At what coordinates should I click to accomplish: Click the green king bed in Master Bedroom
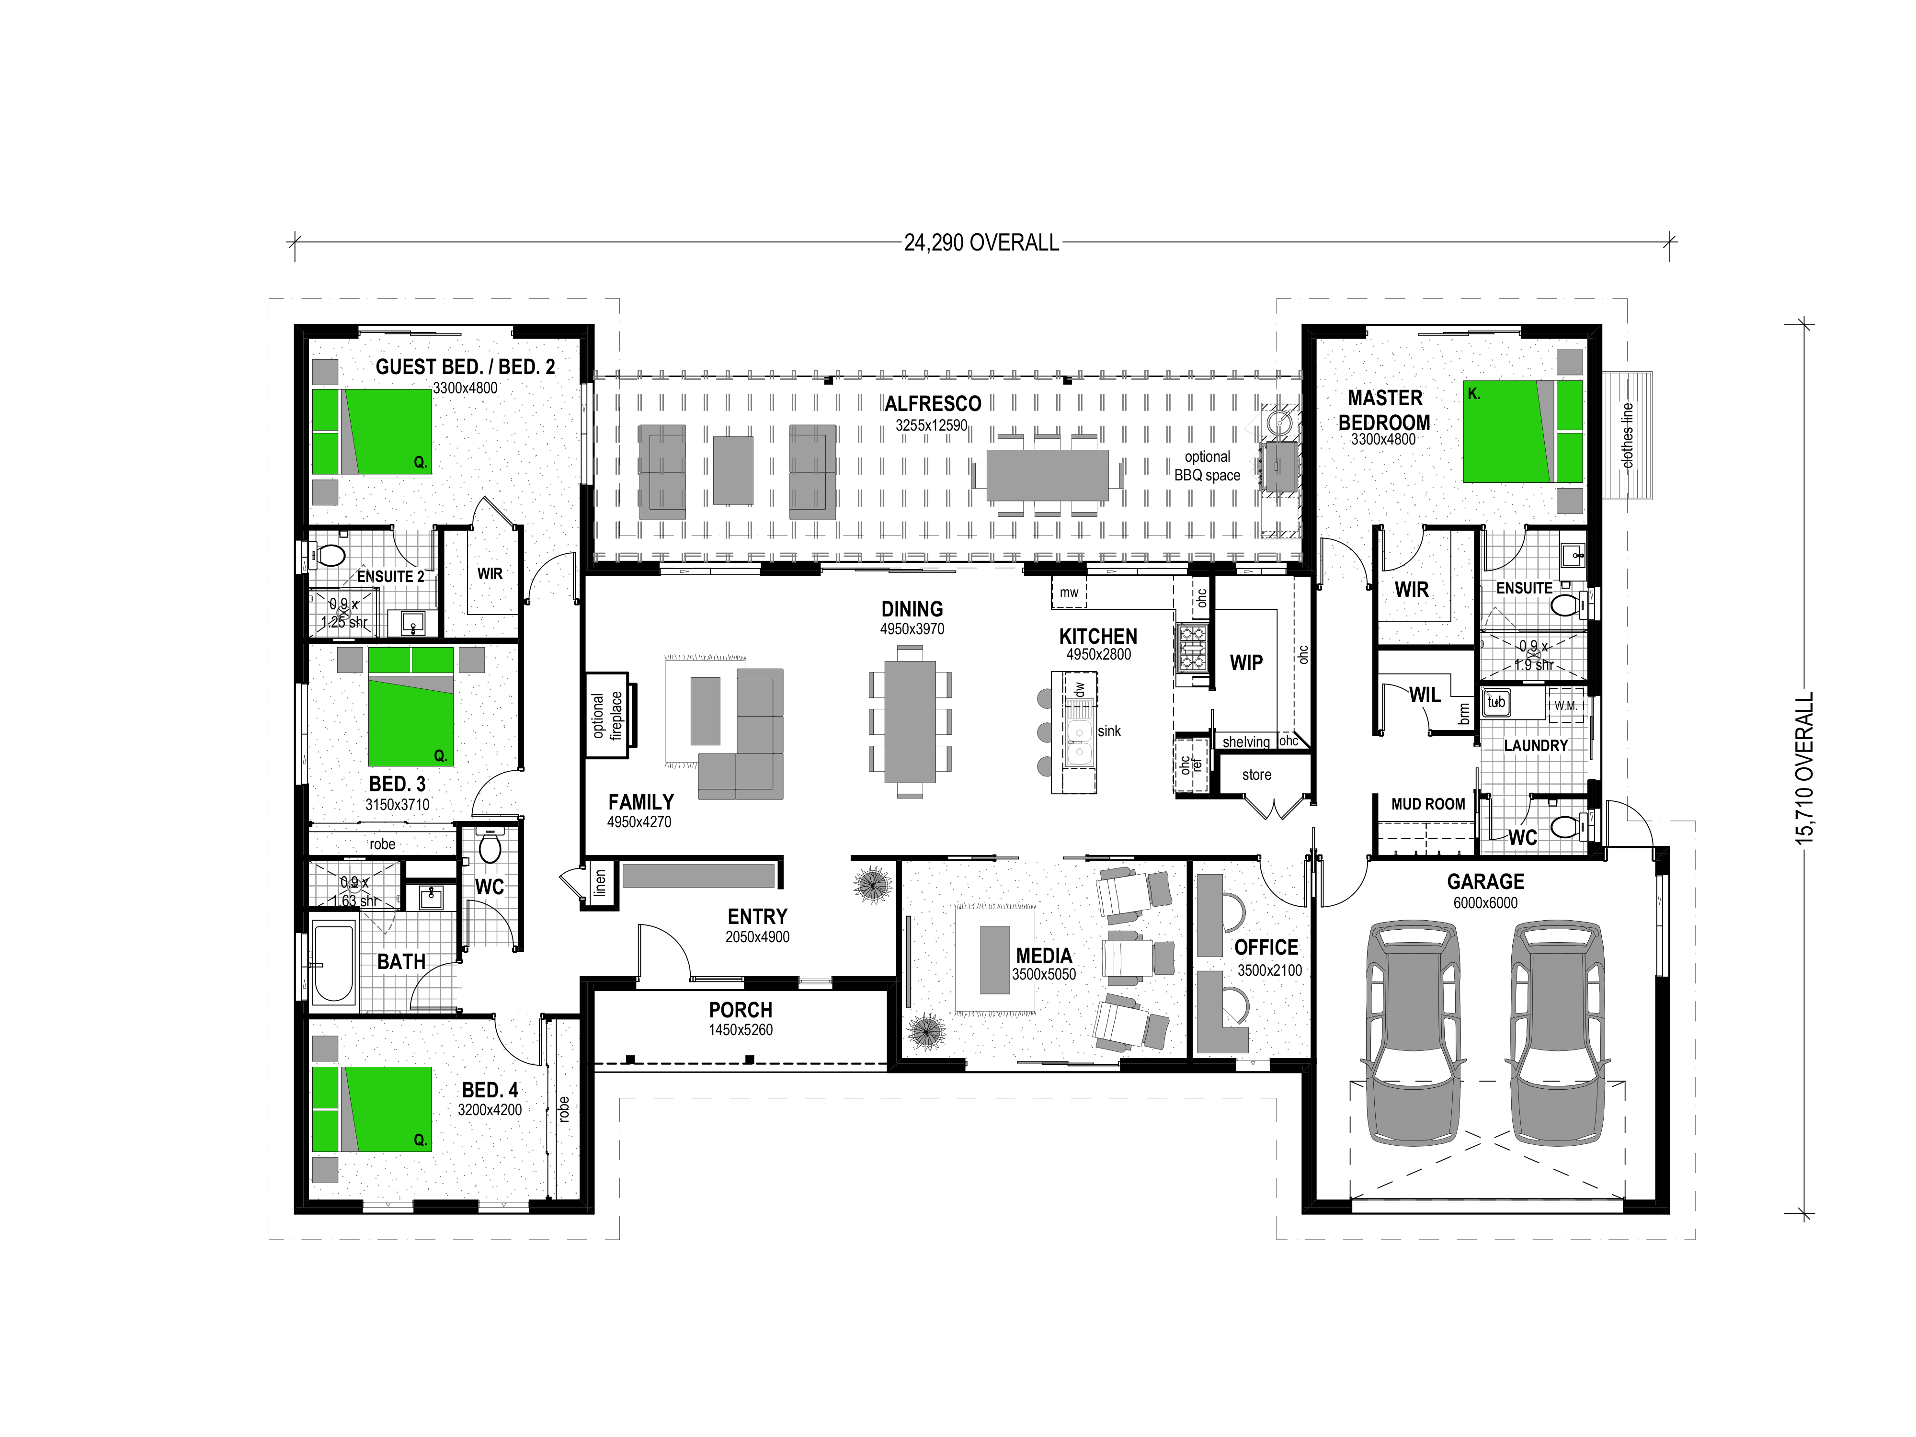coord(1523,432)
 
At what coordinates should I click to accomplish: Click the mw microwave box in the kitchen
coord(1069,593)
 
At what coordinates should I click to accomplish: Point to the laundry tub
coord(1496,703)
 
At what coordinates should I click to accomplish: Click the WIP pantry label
coord(1246,662)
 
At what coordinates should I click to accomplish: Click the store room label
coord(1257,775)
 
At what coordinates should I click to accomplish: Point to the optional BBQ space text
coord(1208,466)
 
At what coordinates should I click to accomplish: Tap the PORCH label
coord(741,1010)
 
